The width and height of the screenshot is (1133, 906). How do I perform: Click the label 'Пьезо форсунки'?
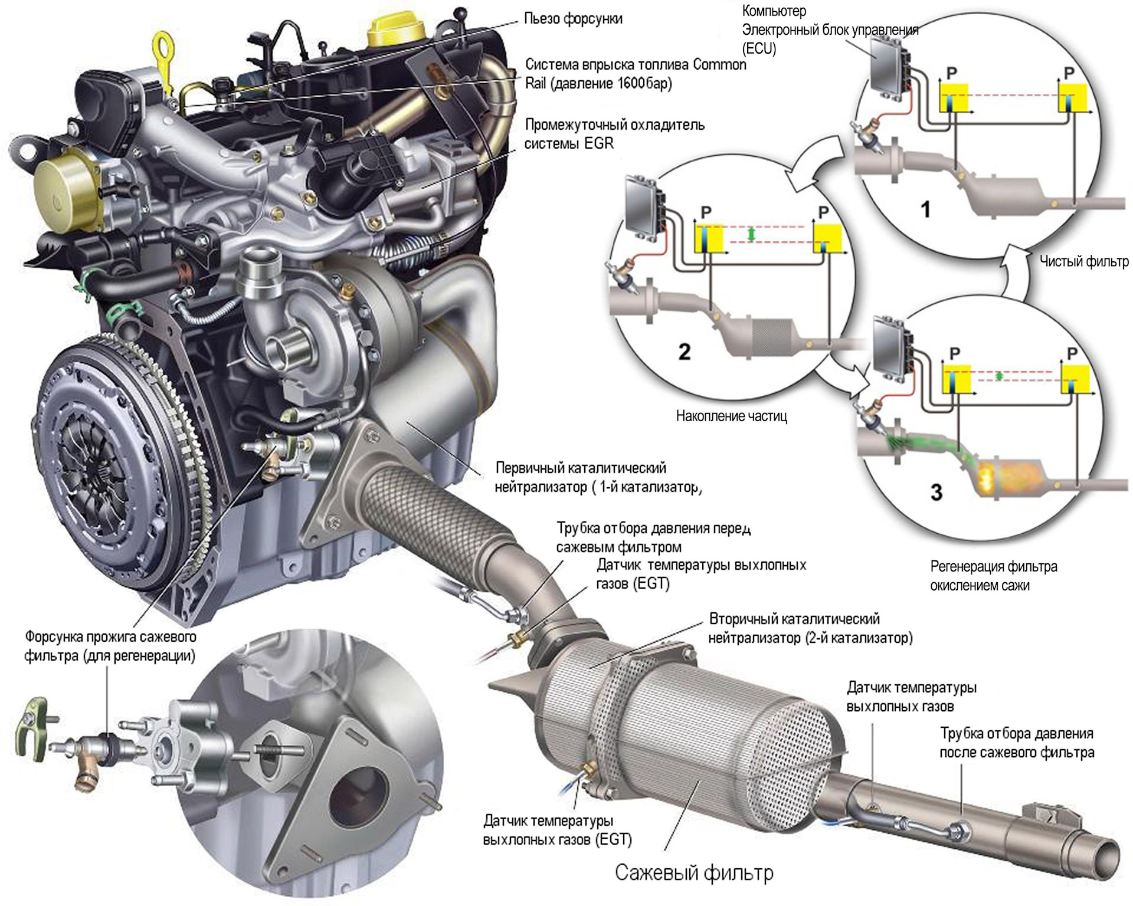coord(573,19)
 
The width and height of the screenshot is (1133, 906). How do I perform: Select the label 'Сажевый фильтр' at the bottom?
coord(694,872)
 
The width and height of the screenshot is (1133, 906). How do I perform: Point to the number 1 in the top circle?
coord(925,209)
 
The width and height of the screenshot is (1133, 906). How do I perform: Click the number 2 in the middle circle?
coord(684,352)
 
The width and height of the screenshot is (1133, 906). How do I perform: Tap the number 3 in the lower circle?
coord(936,492)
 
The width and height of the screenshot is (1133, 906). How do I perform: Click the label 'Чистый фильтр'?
coord(1083,261)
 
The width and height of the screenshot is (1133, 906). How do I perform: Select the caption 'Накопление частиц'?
coord(731,416)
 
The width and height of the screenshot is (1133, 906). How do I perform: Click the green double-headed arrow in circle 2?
coord(751,234)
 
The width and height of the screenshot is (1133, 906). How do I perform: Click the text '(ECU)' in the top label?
coord(759,48)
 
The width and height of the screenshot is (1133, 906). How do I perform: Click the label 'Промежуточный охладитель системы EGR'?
coord(614,134)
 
